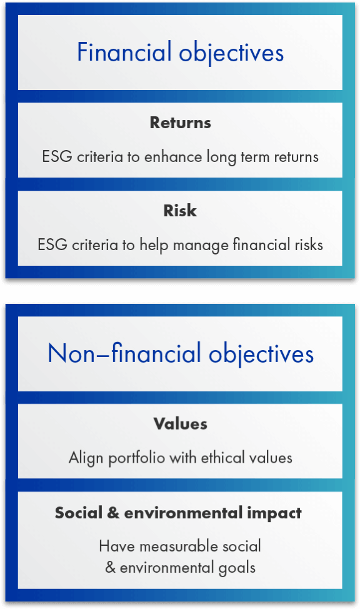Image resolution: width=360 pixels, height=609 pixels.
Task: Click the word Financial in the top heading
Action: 124,52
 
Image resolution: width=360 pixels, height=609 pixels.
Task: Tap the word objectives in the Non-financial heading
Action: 261,355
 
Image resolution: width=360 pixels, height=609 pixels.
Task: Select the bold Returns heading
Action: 180,123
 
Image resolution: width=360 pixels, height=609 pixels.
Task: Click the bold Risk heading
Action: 180,211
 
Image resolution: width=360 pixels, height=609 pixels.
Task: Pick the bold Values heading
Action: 180,424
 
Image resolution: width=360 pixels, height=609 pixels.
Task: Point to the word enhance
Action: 173,157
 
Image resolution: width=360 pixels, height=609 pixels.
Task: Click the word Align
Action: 86,458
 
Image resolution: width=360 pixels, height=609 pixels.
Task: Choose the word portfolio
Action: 137,458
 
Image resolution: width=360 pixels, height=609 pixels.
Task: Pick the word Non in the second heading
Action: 71,353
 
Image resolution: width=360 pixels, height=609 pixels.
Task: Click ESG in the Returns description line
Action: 57,156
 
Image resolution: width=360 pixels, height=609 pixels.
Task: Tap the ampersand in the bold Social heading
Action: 113,513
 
